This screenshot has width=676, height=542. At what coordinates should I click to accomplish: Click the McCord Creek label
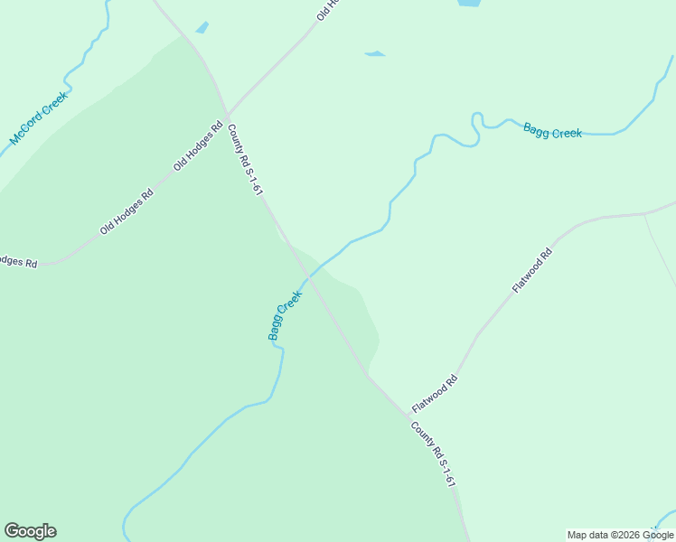click(x=39, y=117)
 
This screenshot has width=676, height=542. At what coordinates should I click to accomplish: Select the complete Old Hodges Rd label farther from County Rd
click(x=127, y=210)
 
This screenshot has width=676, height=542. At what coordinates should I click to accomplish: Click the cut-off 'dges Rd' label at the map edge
click(x=18, y=261)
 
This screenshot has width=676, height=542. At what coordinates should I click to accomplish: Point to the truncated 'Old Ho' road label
click(x=326, y=11)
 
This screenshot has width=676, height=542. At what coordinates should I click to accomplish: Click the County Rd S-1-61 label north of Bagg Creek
click(x=245, y=160)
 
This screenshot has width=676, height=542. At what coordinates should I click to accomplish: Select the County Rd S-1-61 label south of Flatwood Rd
click(x=432, y=456)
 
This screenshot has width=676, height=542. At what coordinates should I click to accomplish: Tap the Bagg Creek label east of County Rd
click(x=552, y=132)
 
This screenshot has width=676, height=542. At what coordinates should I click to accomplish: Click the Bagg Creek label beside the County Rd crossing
click(x=285, y=314)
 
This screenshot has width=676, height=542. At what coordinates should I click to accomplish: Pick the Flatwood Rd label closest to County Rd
click(x=436, y=393)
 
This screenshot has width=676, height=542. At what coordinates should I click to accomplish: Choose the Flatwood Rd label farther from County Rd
click(x=531, y=270)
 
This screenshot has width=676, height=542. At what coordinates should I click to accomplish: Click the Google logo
click(x=30, y=531)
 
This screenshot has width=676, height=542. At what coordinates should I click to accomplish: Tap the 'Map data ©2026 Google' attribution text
click(x=620, y=535)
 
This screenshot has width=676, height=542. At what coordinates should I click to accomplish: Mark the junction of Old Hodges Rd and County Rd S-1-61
click(x=227, y=115)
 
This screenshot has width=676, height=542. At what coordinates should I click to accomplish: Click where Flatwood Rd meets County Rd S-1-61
click(x=406, y=415)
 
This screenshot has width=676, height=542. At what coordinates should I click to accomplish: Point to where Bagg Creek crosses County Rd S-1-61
click(x=307, y=279)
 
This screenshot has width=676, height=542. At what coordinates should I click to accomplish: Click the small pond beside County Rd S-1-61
click(x=202, y=27)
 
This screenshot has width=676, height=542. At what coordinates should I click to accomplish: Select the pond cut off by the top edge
click(x=468, y=4)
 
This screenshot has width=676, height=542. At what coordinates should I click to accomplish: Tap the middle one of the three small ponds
click(x=375, y=54)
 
